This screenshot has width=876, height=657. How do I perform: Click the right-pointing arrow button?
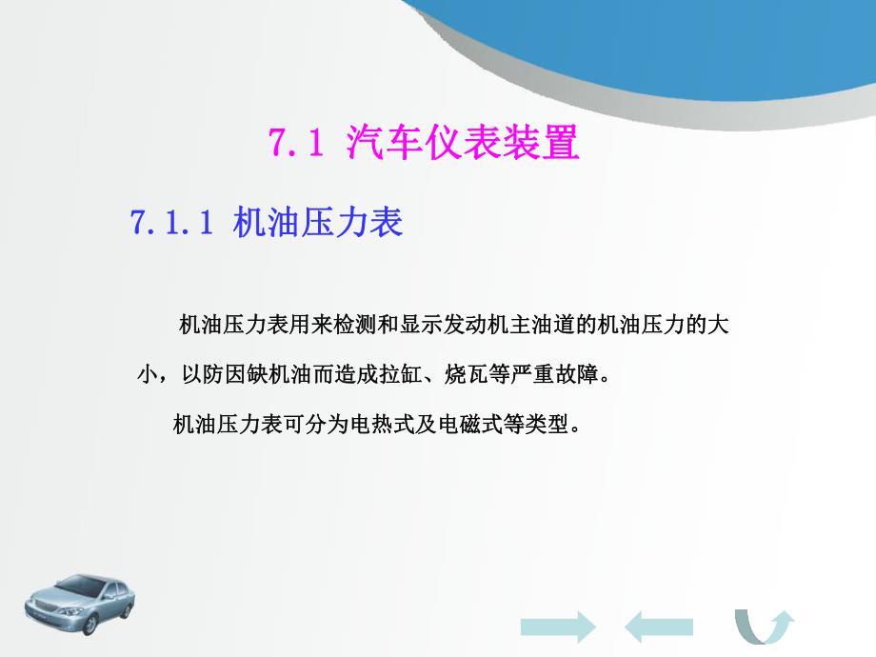coord(558,626)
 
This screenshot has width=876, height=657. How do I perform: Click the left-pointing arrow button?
coord(659,626)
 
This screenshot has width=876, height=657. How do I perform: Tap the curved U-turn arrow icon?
coord(764,627)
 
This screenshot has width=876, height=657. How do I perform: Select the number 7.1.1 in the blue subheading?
coord(169,223)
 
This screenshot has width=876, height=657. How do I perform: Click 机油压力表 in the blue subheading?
coord(318,223)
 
